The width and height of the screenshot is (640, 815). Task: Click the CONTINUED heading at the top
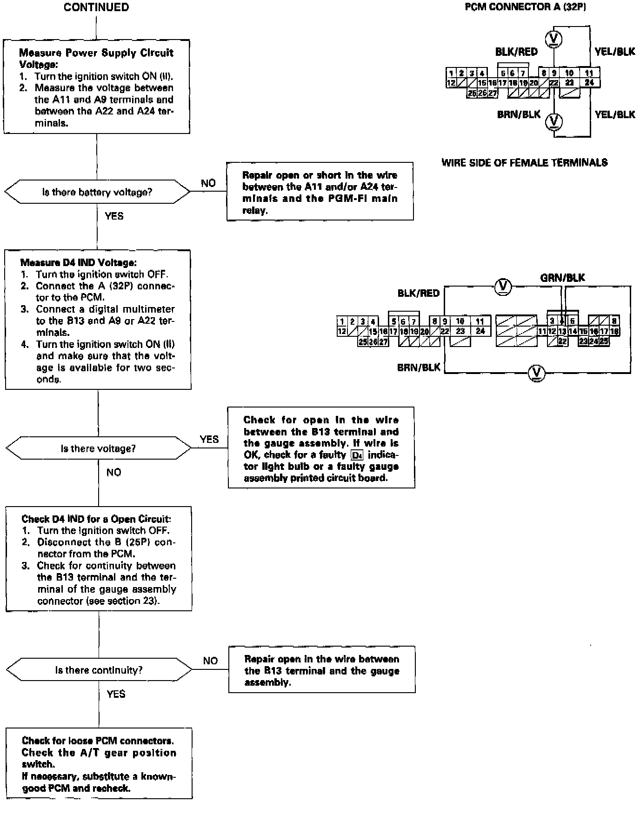click(x=96, y=7)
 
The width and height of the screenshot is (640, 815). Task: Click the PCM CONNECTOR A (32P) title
click(x=525, y=7)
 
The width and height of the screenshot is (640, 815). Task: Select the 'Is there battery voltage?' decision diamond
click(x=97, y=192)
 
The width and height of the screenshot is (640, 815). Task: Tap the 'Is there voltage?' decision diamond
click(x=98, y=448)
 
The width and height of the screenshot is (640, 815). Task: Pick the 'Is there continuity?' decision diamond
click(x=99, y=670)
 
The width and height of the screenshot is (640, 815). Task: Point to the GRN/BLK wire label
click(x=562, y=278)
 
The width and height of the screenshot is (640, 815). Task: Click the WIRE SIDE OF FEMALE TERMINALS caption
click(x=524, y=162)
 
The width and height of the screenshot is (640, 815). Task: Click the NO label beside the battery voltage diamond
click(x=208, y=183)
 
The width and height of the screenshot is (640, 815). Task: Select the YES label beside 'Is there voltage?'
click(x=209, y=439)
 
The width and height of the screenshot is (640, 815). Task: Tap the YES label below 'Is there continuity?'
click(x=116, y=694)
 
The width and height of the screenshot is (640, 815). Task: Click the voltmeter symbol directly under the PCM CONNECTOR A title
click(x=553, y=39)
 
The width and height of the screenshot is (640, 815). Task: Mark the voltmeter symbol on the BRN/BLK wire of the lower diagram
click(x=537, y=373)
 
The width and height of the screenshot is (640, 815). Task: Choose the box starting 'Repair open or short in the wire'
click(x=320, y=191)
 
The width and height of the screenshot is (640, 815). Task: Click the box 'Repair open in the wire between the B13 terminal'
click(x=322, y=669)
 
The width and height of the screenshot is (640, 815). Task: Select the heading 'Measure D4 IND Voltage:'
click(x=78, y=263)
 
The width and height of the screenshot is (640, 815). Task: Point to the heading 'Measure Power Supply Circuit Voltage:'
click(x=96, y=59)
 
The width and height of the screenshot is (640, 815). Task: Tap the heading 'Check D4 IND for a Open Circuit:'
click(x=96, y=519)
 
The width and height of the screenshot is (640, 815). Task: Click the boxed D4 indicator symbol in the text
click(x=357, y=455)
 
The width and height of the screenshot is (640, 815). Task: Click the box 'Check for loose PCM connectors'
click(x=99, y=763)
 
